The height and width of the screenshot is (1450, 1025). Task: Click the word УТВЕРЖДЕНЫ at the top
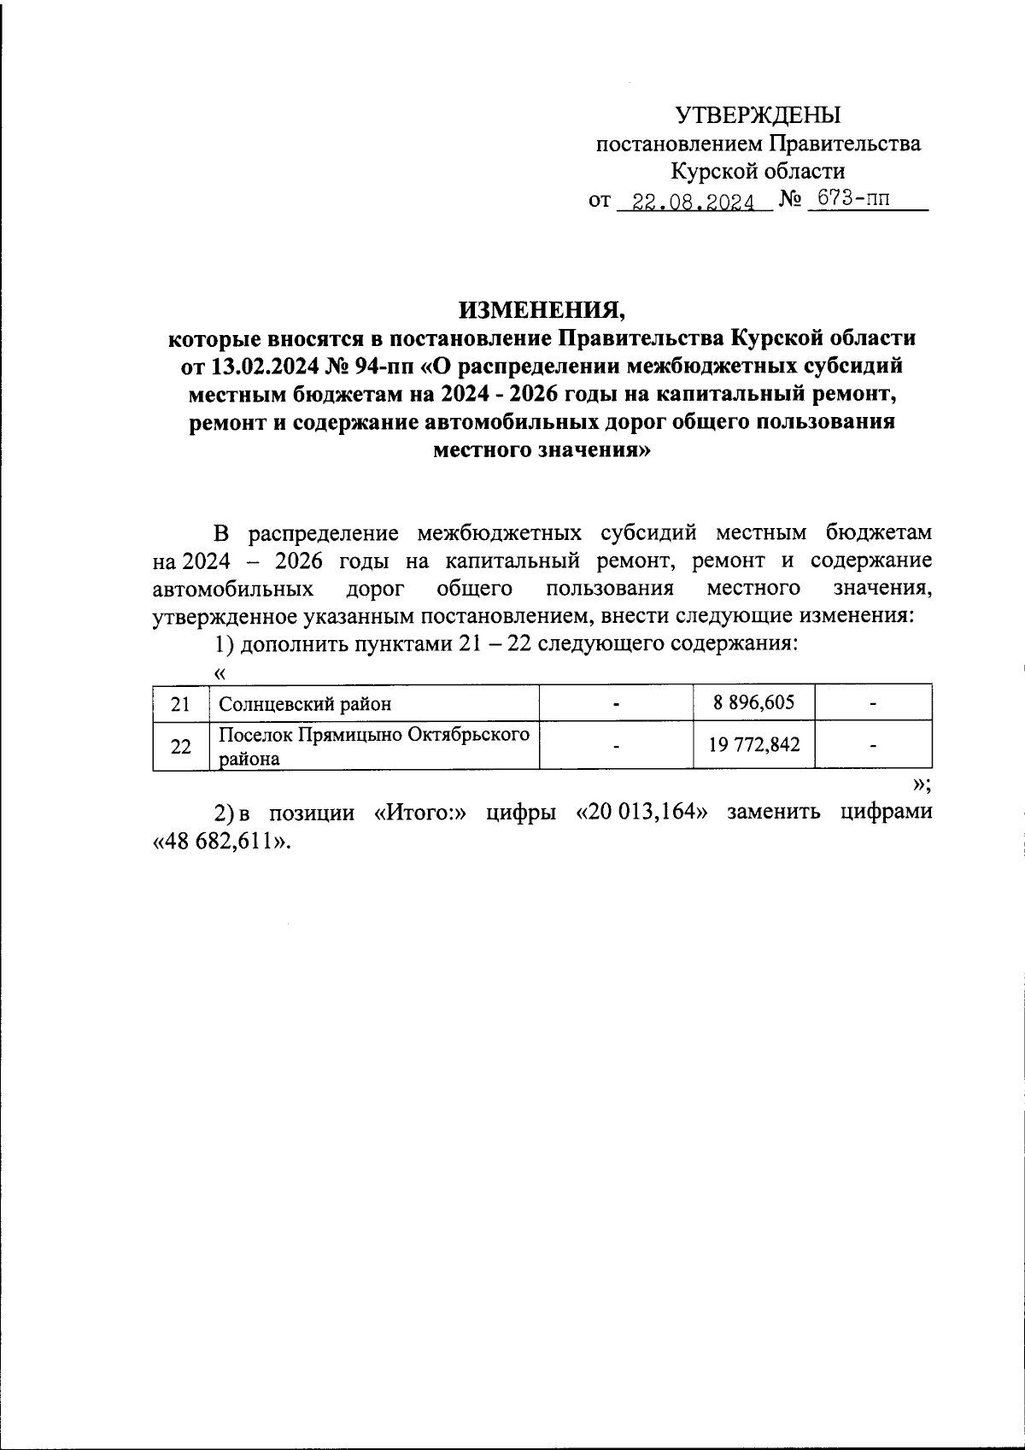point(758,114)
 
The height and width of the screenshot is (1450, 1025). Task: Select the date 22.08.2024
point(688,203)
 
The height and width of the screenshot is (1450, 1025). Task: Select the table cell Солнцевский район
point(305,704)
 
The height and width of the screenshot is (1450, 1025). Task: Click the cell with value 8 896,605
point(753,703)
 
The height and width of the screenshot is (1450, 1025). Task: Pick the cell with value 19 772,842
point(753,744)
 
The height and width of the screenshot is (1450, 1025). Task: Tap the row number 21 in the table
point(179,704)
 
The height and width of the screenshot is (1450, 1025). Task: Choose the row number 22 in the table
point(179,746)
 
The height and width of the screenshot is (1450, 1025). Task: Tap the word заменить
point(774,812)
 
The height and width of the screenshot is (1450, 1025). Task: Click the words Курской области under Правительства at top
point(758,172)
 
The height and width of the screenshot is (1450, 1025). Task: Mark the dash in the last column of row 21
point(872,704)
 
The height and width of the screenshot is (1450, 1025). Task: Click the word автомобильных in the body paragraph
point(231,589)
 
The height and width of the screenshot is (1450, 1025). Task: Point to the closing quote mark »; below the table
point(921,785)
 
